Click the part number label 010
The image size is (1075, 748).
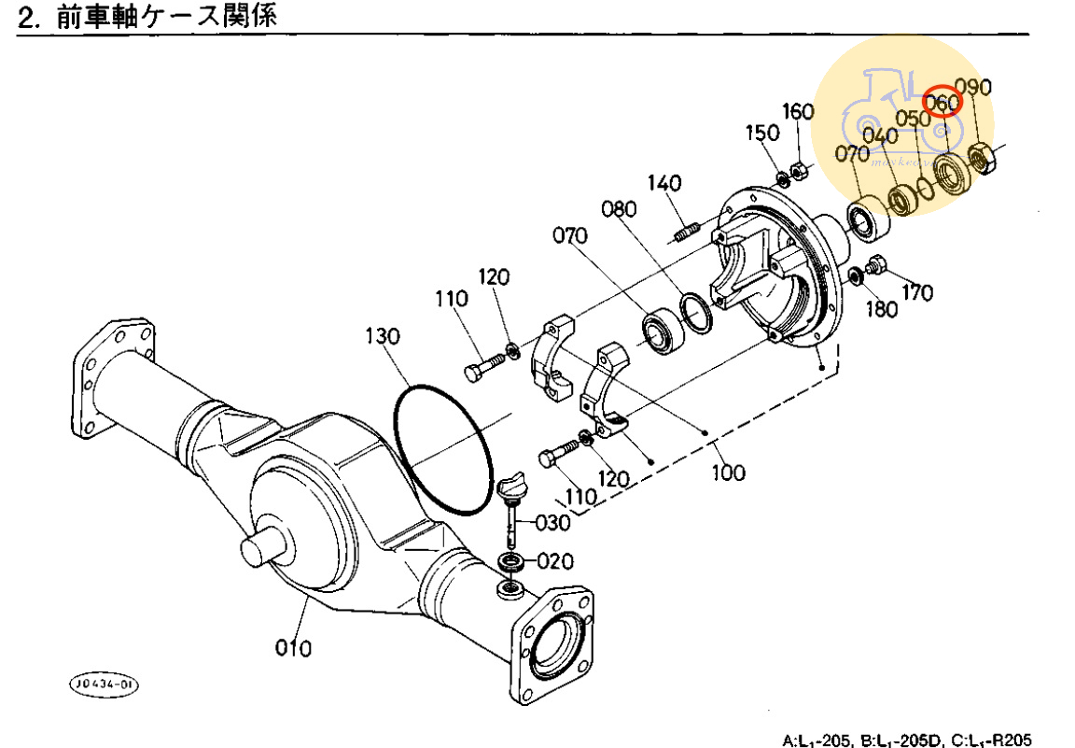point(293,646)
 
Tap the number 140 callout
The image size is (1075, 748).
point(664,183)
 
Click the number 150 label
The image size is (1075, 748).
point(761,133)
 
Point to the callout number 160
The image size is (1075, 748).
point(798,111)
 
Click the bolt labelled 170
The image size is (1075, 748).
point(876,264)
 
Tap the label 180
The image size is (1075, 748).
point(880,310)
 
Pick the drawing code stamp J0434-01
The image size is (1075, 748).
point(103,685)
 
